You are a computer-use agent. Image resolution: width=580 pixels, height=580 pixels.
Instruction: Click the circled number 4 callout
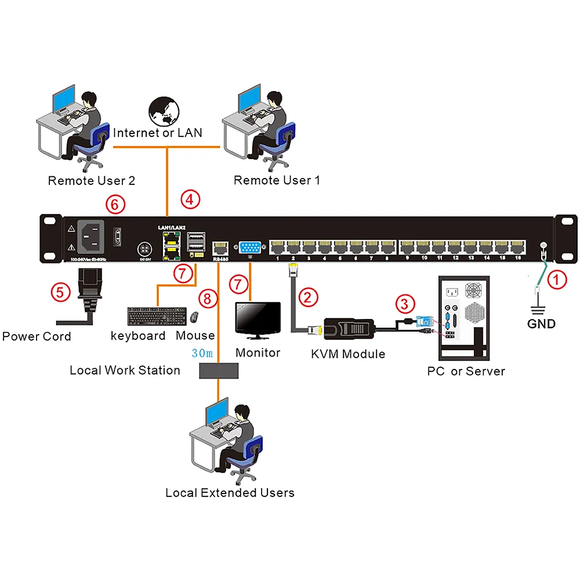click(x=190, y=200)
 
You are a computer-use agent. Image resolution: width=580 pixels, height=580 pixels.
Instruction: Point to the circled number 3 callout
click(x=405, y=303)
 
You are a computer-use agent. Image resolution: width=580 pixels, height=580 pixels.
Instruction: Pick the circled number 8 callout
click(x=208, y=299)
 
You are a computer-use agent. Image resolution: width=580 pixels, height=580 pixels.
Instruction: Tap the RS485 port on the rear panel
click(x=221, y=249)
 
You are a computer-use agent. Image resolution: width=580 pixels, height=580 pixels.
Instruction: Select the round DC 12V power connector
click(x=143, y=249)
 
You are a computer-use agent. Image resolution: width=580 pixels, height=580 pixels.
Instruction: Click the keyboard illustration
click(x=156, y=316)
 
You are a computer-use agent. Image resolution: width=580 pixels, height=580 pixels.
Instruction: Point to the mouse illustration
click(x=194, y=317)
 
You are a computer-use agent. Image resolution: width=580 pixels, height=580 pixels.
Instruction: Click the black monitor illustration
click(x=257, y=319)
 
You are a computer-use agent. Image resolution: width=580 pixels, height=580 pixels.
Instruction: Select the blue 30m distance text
click(x=202, y=353)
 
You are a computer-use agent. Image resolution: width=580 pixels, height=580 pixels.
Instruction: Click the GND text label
click(x=541, y=324)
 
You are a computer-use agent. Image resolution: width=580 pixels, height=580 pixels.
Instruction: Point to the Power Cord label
click(x=37, y=336)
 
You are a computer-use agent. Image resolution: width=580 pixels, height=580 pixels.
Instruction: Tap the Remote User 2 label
click(x=92, y=180)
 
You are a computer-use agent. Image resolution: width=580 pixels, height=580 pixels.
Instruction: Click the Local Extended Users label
click(x=230, y=493)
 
